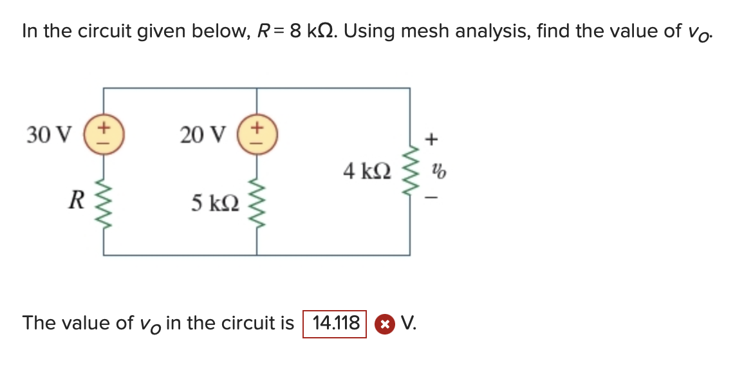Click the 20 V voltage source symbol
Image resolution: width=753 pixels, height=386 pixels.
pyautogui.click(x=257, y=134)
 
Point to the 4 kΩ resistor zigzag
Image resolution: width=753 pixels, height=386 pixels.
pyautogui.click(x=409, y=170)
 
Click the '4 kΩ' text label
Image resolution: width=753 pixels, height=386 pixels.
pyautogui.click(x=367, y=171)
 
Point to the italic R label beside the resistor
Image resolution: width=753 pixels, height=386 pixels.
pyautogui.click(x=75, y=200)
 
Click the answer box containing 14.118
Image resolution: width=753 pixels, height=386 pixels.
pyautogui.click(x=335, y=323)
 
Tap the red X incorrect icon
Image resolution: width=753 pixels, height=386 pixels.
pyautogui.click(x=384, y=324)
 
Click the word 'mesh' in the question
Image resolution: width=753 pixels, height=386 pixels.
pyautogui.click(x=425, y=31)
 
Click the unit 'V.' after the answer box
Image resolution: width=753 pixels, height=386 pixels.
pyautogui.click(x=408, y=323)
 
